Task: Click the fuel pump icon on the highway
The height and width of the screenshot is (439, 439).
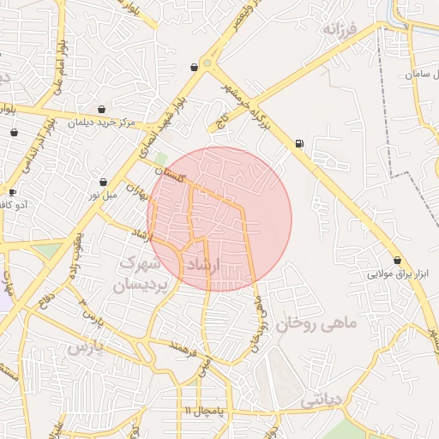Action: [298, 143]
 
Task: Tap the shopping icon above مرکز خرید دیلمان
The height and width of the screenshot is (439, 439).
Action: [103, 110]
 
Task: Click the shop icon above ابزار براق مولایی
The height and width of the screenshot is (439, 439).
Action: [397, 260]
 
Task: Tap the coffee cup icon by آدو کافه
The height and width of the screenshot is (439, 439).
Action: [12, 192]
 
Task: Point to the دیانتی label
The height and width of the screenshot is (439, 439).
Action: [322, 400]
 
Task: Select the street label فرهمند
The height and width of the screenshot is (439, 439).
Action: [184, 349]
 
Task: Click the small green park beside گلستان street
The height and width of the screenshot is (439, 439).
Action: [161, 159]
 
